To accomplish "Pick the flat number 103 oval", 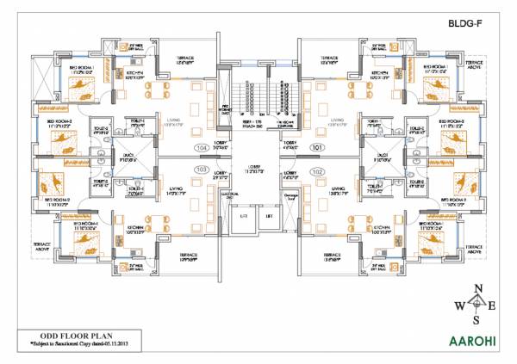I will tap(203, 170).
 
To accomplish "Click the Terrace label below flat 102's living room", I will tap(331, 256).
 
